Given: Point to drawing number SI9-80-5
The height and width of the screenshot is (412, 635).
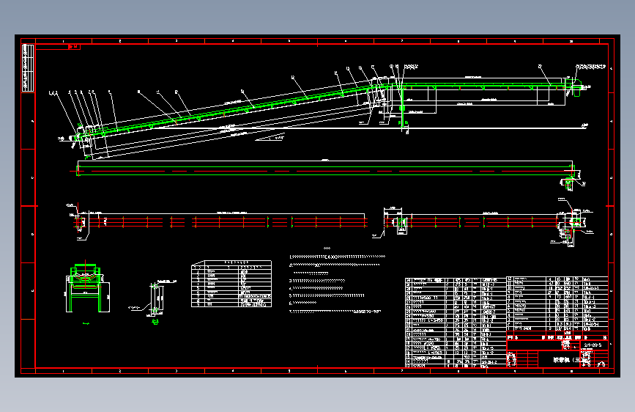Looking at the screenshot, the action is point(593,344).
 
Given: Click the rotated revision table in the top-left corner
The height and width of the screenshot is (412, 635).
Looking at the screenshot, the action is point(28,67).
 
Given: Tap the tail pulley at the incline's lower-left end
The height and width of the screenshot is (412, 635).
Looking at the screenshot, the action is point(80,136).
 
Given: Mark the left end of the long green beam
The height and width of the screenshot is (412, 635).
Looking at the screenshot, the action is point(78,169).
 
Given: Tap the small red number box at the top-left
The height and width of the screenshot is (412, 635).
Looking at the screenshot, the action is point(73,47).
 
